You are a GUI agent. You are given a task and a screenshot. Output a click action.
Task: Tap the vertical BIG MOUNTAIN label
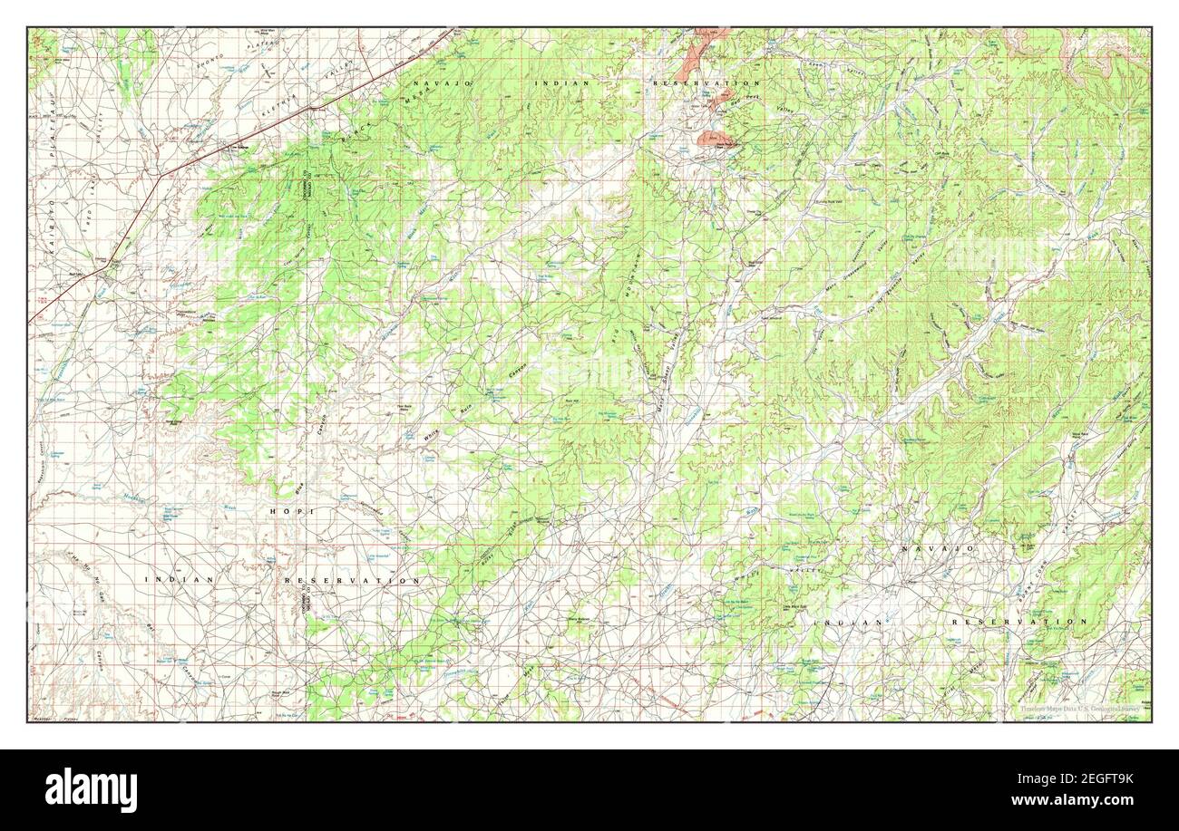626,308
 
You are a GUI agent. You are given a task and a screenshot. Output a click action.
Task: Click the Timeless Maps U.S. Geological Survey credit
1070,712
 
